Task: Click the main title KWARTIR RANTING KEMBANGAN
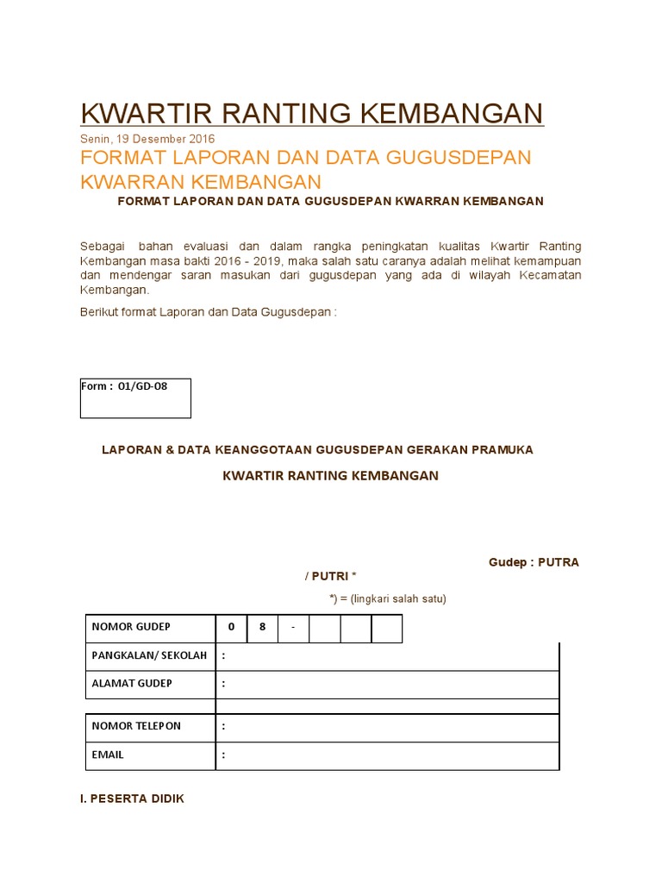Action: tap(312, 113)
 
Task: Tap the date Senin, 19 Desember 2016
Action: tap(147, 139)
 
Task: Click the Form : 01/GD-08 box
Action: tap(135, 398)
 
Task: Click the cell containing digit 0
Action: tap(231, 628)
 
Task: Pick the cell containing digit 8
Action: tap(262, 628)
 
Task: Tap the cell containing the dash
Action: tap(293, 628)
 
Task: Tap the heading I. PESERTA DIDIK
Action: tap(132, 798)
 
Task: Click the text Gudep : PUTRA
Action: tap(534, 562)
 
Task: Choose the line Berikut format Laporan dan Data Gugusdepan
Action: tap(207, 312)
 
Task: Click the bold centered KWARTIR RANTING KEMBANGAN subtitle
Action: tap(330, 476)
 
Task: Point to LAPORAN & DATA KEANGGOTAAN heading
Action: tap(317, 450)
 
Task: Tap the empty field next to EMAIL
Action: tap(388, 755)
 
